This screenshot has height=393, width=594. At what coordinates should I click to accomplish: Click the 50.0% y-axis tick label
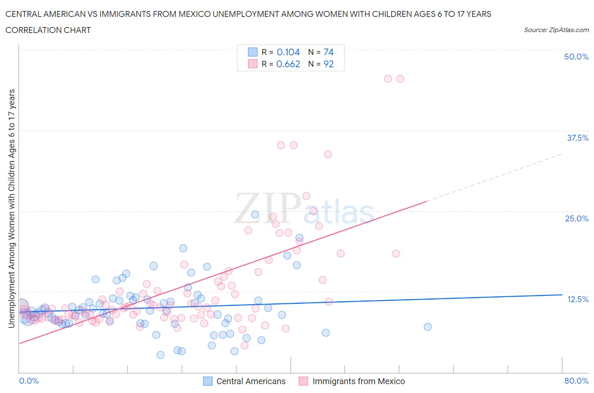pos(576,57)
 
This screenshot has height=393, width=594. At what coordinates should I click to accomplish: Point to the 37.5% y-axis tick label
pos(577,138)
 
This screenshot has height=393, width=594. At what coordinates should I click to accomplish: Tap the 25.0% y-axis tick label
pos(576,218)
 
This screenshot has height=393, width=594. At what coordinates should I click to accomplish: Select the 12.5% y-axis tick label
pos(577,299)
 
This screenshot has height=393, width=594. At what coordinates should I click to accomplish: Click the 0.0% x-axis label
pos(29,381)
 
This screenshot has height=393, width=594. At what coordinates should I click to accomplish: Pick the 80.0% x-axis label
pos(576,381)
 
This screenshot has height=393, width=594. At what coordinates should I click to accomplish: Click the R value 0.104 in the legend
pos(288,52)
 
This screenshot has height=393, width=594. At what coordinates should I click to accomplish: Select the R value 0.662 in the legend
pos(288,64)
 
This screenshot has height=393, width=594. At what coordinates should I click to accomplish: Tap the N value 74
pos(328,52)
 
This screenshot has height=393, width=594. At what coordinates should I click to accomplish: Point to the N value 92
pos(328,64)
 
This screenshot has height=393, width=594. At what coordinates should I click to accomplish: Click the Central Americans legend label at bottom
pos(251,381)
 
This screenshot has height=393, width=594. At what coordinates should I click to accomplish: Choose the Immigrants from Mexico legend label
pos(358,381)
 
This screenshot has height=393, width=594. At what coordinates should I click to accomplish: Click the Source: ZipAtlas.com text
pos(556,30)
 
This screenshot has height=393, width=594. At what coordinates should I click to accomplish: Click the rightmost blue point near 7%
pos(428,327)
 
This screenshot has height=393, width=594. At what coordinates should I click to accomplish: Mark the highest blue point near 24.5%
pos(255,214)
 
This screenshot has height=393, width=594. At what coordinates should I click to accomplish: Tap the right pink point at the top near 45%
pos(400,79)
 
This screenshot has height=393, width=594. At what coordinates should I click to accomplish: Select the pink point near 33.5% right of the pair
pos(328,154)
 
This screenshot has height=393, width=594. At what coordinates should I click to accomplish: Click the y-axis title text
pos(11,208)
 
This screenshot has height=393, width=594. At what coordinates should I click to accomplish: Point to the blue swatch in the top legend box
pos(252,52)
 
